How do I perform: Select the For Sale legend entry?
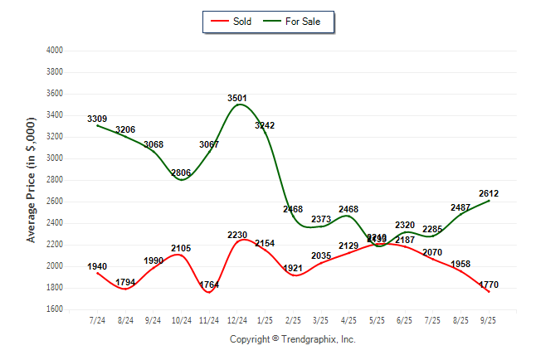point(296,22)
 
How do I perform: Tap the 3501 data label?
point(238,98)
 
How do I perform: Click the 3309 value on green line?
point(97,119)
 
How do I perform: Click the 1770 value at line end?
point(488,285)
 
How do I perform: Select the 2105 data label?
point(182,248)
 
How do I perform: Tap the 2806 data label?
point(182,173)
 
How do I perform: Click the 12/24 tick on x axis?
point(238,319)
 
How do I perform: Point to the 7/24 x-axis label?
point(97,319)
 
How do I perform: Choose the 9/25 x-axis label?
point(488,319)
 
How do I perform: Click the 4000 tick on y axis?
point(56,51)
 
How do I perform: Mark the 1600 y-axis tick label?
point(56,309)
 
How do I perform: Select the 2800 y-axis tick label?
point(56,180)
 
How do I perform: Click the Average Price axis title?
point(32,179)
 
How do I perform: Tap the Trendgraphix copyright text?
point(292,339)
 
